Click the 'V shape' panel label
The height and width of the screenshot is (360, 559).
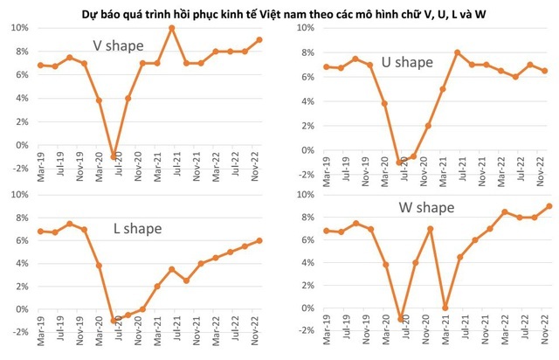[x=118, y=45]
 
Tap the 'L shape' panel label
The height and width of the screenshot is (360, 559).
[x=139, y=229]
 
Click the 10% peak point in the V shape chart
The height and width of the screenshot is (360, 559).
[x=172, y=28]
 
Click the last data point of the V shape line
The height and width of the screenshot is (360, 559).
[x=259, y=39]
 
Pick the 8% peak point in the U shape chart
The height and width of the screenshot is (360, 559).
[x=458, y=52]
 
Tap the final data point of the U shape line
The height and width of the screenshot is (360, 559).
[x=546, y=71]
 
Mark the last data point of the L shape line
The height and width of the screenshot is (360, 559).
[x=259, y=240]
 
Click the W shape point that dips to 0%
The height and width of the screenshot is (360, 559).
[x=444, y=308]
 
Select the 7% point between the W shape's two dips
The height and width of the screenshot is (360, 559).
[x=429, y=229]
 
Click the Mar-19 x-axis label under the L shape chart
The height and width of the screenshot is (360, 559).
[x=39, y=347]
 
